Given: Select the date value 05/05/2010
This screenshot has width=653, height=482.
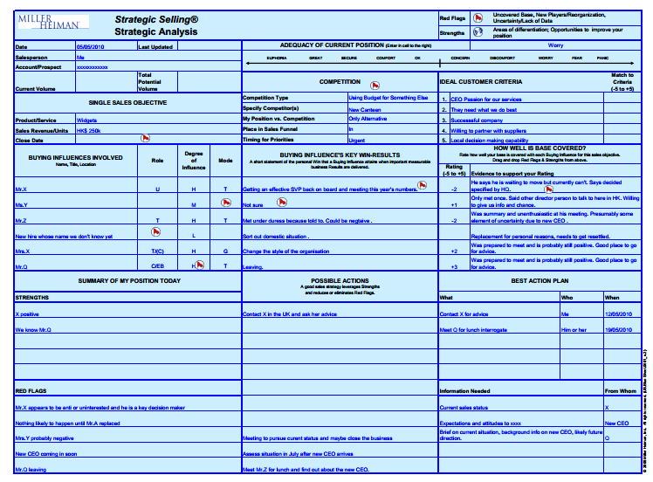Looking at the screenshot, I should (91, 46).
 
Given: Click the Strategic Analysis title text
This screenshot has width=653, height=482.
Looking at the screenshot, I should (156, 31).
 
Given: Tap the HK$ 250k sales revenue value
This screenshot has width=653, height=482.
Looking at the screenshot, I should (88, 130).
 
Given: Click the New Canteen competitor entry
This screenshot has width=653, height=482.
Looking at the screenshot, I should (365, 109).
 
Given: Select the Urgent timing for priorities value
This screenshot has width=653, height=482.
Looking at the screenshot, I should (358, 139).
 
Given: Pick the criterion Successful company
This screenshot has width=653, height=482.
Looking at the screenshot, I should (477, 120).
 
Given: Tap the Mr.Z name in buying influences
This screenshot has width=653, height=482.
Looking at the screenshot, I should (21, 221).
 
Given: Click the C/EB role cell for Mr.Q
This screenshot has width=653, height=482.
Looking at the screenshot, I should (157, 265).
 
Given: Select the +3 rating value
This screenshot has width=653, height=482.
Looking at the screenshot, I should (454, 266).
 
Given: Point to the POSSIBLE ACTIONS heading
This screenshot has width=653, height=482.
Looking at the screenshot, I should (340, 280).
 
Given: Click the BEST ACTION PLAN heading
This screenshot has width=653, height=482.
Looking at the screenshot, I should (540, 280).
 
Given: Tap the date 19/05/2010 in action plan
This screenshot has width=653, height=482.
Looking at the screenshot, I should (618, 329).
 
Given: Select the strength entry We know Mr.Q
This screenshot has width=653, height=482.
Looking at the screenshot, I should (34, 329).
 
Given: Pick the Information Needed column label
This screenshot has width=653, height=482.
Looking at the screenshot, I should (464, 391).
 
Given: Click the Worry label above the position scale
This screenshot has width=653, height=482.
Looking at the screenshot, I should (555, 45).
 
